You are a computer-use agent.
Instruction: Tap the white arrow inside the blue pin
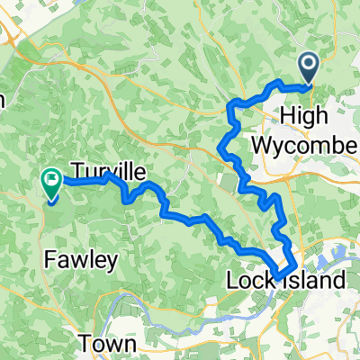(x=308, y=63)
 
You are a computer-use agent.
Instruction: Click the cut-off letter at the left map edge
(x=3, y=99)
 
